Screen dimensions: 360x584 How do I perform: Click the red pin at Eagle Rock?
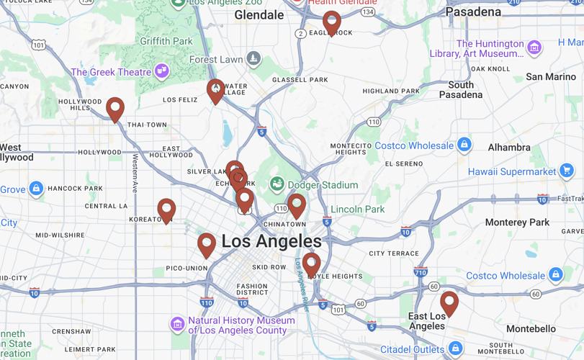coord(331,22)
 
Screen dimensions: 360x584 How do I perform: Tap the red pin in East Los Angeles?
coord(449,302)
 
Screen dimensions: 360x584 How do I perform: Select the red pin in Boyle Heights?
coord(311,264)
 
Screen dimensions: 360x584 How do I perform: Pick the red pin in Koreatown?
coord(166,210)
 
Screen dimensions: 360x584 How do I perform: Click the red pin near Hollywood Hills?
coord(115,109)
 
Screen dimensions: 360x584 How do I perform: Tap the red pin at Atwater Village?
coord(215,90)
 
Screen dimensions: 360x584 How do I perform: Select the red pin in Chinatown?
coord(297,204)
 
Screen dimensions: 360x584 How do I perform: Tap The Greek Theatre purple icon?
coord(161,71)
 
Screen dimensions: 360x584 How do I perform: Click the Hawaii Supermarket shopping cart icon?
coord(567,171)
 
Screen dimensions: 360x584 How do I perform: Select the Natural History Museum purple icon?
coord(177,324)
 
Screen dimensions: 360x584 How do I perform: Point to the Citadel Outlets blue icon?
coord(455,349)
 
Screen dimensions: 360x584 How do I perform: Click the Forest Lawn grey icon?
coord(253,58)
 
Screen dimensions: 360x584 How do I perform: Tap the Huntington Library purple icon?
coord(534,48)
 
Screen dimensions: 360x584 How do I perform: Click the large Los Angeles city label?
coord(271,242)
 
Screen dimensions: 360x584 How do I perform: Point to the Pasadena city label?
coord(473,12)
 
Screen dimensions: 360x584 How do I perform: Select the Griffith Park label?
coord(166,41)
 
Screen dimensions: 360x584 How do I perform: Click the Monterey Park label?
coord(516,222)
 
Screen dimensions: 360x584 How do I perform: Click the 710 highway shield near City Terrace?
coord(421,272)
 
